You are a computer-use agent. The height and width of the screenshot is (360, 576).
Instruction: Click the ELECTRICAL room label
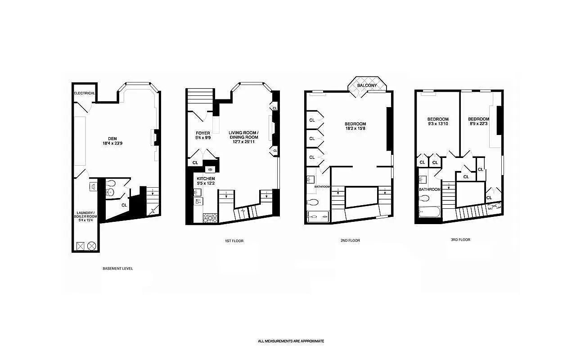[x=85, y=93]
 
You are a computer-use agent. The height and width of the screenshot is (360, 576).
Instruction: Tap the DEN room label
[x=113, y=139]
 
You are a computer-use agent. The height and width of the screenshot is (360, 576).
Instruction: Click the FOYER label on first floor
[x=203, y=133]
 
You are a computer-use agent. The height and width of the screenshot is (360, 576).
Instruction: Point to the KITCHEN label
[x=206, y=179]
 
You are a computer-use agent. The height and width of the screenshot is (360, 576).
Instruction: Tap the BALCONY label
[x=367, y=85]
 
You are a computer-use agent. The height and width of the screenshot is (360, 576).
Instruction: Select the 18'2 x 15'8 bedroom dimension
[x=355, y=129]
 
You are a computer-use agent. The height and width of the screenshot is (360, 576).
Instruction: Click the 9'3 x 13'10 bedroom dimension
[x=438, y=124]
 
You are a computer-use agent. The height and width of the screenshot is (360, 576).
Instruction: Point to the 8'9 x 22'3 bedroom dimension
[x=478, y=124]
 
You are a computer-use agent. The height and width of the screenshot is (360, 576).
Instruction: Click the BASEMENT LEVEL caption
[x=118, y=269]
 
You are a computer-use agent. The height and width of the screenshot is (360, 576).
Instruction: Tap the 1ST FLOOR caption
[x=234, y=241]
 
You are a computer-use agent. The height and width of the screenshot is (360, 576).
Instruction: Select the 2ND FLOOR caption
[x=350, y=241]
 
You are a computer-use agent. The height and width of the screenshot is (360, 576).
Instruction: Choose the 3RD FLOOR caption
[x=460, y=240]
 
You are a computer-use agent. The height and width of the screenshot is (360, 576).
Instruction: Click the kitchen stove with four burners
[x=210, y=218]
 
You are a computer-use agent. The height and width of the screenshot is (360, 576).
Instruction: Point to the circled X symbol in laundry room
[x=91, y=246]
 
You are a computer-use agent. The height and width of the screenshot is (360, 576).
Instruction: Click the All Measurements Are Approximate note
[x=291, y=341]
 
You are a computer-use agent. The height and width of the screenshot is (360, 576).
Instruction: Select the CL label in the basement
[x=124, y=205]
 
